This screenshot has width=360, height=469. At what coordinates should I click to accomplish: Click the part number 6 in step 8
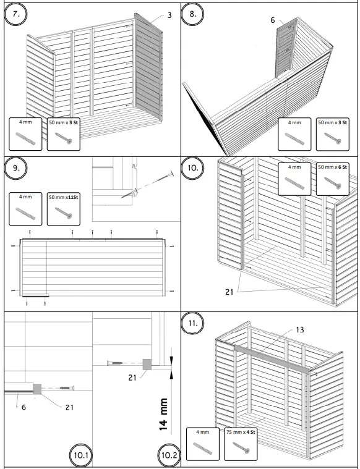272,20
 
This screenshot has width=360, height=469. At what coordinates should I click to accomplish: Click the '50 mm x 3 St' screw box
64,132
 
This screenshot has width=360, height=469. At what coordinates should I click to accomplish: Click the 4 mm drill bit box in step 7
27,132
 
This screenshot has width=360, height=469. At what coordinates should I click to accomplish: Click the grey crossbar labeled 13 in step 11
272,358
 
